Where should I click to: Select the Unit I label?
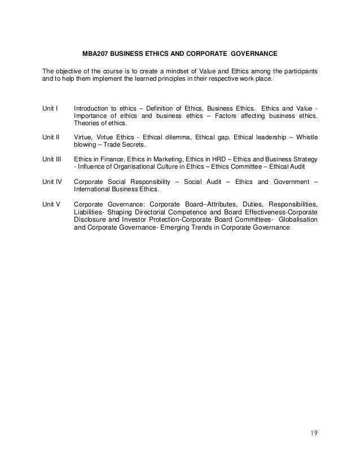50,108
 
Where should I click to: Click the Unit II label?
51,137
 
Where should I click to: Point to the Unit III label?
52,159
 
